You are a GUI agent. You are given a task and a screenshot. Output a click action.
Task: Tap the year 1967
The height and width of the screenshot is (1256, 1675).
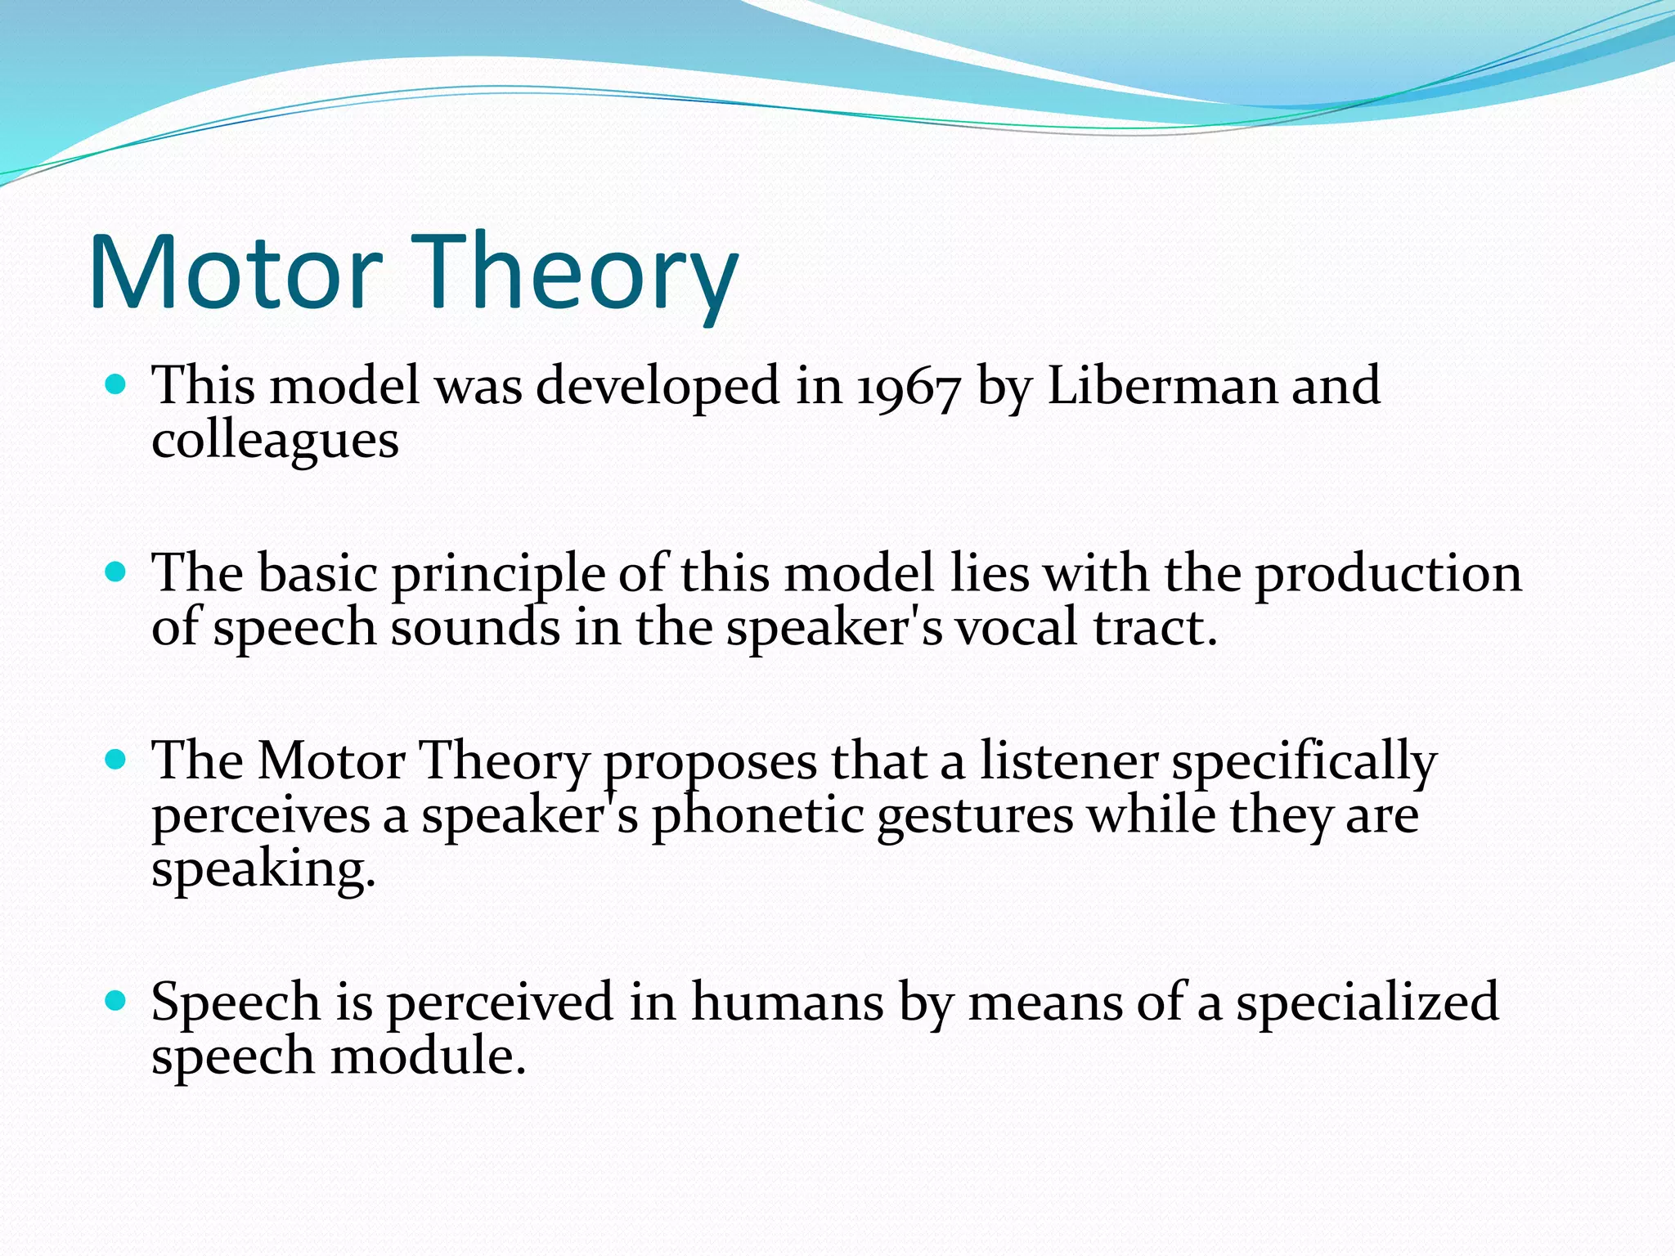(908, 387)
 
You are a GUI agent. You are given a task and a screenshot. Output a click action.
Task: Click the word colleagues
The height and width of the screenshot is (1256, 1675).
(275, 442)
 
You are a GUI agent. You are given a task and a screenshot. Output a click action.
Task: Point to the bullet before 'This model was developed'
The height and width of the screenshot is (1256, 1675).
(116, 384)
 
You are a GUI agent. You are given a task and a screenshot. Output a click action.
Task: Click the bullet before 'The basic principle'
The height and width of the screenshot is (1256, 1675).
(116, 572)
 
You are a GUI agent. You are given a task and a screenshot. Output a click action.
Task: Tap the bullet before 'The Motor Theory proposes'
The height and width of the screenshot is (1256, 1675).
(116, 760)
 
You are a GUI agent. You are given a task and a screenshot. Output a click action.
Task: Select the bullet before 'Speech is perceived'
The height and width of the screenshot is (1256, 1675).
(116, 1000)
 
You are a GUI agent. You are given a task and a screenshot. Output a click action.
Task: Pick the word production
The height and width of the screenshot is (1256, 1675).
(1388, 575)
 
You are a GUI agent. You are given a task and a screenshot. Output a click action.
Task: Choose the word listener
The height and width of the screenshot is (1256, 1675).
(1068, 760)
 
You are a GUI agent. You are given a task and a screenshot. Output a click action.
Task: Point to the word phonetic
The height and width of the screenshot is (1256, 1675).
(757, 816)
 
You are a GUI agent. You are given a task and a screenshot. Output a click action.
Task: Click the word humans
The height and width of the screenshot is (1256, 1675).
(787, 1002)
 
